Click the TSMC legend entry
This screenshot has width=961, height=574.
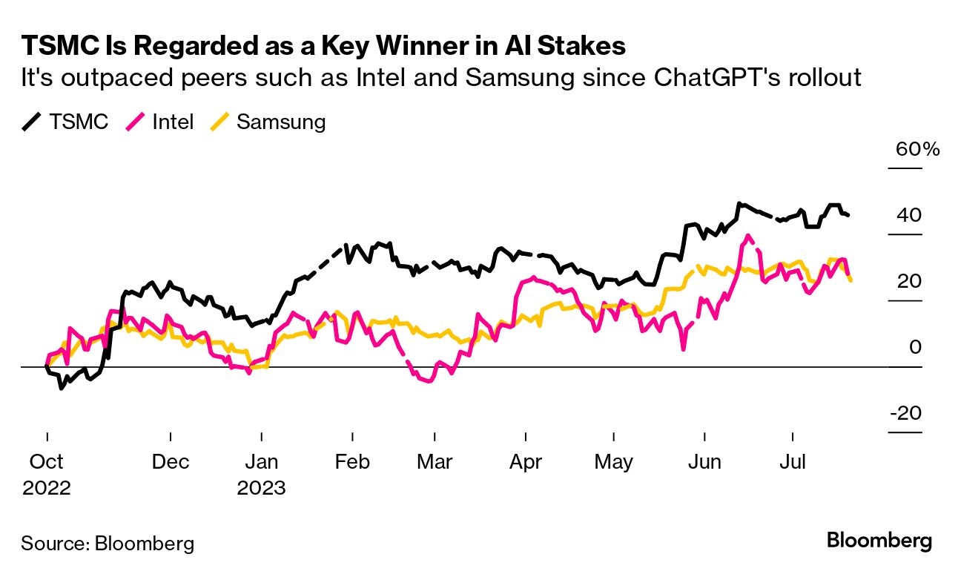pos(65,122)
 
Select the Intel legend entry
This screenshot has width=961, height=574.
pos(161,122)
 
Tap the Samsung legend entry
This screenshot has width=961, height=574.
pos(268,122)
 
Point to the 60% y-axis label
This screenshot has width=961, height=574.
pos(917,149)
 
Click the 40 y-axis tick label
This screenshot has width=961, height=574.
pos(908,216)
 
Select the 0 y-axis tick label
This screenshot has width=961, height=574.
pos(916,347)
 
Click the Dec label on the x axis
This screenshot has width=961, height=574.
pos(171,462)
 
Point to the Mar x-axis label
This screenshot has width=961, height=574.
pos(435,462)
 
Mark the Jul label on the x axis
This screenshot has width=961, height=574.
pos(793,462)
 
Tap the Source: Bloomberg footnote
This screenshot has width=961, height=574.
pos(108,543)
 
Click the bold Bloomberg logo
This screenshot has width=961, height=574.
pos(879,541)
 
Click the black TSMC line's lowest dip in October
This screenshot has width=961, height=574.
pos(61,388)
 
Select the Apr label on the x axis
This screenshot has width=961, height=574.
pos(526,462)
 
